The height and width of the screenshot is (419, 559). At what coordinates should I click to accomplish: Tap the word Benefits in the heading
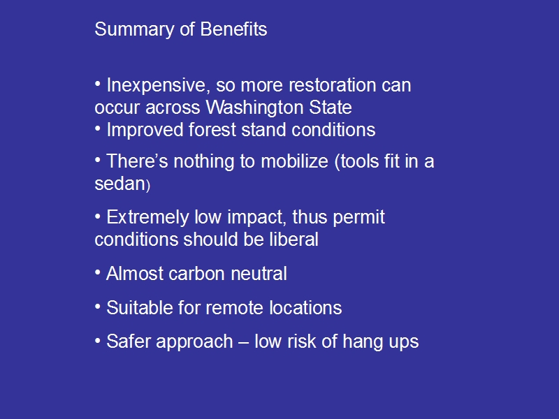pyautogui.click(x=233, y=29)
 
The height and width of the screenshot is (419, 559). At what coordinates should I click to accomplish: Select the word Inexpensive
pyautogui.click(x=156, y=86)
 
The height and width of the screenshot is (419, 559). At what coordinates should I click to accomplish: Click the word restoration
pyautogui.click(x=332, y=85)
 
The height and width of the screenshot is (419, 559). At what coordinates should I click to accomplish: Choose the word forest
pyautogui.click(x=212, y=129)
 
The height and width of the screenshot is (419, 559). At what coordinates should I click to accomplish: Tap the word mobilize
pyautogui.click(x=294, y=161)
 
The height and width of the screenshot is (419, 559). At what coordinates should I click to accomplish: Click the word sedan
pyautogui.click(x=119, y=184)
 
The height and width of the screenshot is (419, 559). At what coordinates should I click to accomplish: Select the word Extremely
pyautogui.click(x=147, y=218)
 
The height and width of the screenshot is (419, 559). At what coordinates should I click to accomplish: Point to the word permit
pyautogui.click(x=359, y=218)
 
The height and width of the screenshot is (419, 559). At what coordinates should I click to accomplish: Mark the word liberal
pyautogui.click(x=293, y=239)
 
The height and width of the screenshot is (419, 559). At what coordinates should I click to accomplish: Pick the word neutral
pyautogui.click(x=259, y=274)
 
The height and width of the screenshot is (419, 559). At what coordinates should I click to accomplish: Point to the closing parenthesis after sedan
pyautogui.click(x=148, y=186)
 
